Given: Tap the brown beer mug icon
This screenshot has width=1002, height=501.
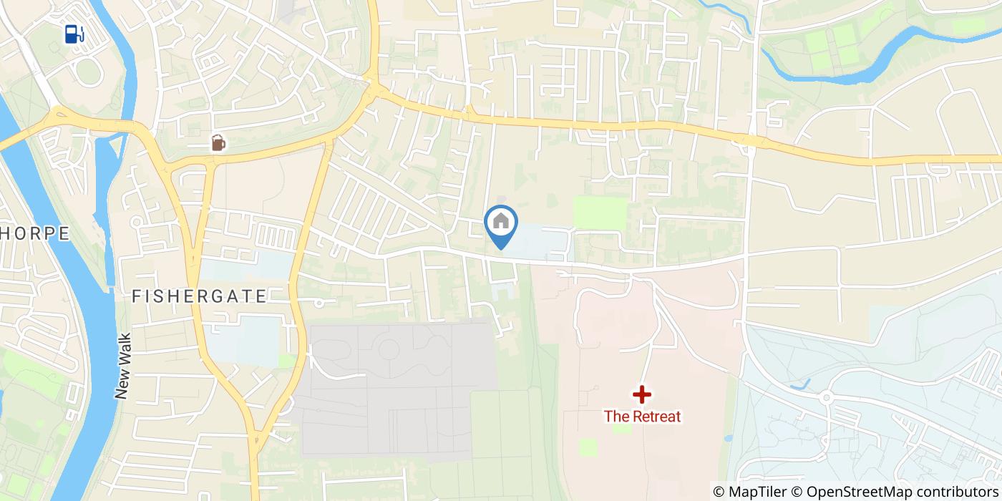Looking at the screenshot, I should (218, 143).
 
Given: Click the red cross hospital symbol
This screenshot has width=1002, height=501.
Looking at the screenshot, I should (642, 394).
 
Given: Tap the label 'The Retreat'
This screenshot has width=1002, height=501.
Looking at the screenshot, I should (642, 416).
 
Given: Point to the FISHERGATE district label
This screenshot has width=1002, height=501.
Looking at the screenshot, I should (200, 296).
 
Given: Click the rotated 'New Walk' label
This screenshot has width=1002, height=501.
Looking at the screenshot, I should (122, 366).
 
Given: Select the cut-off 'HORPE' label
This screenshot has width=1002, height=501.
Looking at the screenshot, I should (34, 233).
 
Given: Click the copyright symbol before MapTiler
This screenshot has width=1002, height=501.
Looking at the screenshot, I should (719, 492).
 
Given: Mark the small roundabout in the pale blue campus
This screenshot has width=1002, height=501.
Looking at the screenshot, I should (826, 397).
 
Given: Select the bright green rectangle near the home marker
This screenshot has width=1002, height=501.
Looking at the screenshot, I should (600, 212).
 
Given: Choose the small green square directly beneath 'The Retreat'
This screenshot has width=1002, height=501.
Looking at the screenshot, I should (588, 447).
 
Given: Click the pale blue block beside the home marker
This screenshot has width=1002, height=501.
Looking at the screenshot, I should (540, 242).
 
